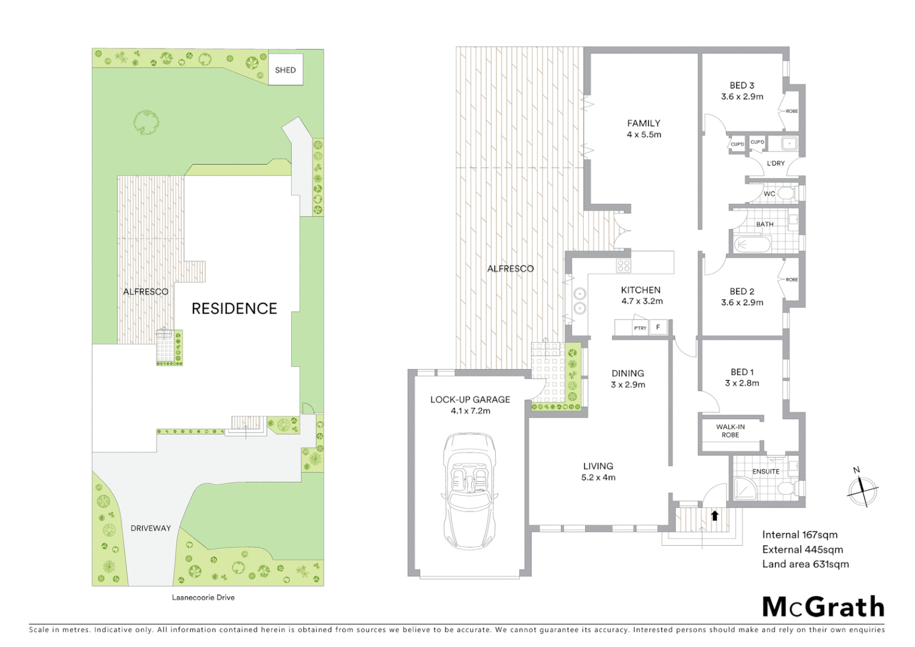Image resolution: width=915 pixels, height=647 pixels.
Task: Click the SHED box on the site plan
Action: (285, 69)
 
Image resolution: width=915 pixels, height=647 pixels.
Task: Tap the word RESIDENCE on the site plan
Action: (234, 309)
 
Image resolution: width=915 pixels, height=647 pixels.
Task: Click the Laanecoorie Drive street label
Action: (203, 597)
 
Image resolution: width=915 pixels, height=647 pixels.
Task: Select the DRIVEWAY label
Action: (151, 528)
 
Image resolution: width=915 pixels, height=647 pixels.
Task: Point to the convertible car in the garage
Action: (469, 491)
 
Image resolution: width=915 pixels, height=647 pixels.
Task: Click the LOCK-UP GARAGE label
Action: (470, 400)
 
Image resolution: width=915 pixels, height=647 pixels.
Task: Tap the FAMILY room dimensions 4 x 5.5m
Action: (644, 135)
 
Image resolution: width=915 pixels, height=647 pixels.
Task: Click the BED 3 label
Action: (741, 86)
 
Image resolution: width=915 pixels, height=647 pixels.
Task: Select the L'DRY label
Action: (775, 163)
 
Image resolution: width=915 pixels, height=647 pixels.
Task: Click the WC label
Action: (769, 194)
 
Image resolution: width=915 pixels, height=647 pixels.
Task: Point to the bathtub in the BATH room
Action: (752, 244)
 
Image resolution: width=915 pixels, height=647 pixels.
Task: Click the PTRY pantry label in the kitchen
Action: (640, 328)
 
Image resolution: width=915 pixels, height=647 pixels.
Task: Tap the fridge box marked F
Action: (658, 327)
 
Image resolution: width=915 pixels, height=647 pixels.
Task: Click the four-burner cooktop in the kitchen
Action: (623, 265)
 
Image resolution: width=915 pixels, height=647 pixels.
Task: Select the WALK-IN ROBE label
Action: (731, 431)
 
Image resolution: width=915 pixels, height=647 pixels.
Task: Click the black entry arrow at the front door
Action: (714, 515)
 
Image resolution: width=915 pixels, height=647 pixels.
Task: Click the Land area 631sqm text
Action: (805, 564)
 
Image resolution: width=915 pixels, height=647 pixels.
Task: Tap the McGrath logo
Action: (823, 607)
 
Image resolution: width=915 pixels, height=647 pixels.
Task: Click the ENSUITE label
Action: (766, 471)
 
